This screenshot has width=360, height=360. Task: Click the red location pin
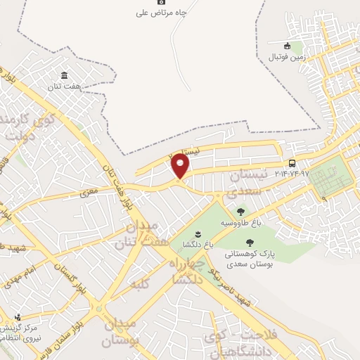coord(181,166)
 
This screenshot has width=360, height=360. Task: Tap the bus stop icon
coord(292,163)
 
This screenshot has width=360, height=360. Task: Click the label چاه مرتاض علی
coord(162,13)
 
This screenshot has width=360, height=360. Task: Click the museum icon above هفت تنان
coord(65,75)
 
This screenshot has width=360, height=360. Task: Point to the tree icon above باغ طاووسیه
coord(240,211)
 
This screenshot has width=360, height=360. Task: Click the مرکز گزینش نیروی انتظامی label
coord(28,335)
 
